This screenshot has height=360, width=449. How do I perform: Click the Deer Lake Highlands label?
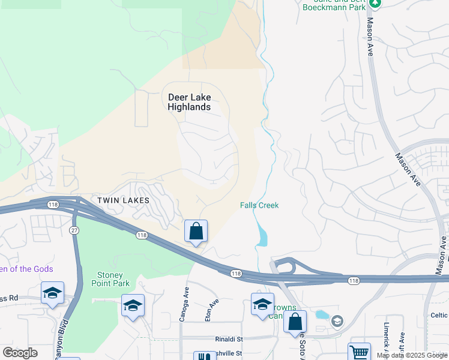coord(189,102)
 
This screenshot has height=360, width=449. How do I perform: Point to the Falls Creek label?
coord(259,205)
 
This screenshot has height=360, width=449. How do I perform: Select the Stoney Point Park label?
coord(110,279)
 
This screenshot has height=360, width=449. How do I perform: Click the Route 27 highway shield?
coord(74,230)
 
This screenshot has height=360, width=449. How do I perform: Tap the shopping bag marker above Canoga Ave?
coord(196,232)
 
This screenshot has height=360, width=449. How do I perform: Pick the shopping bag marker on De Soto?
coord(295,322)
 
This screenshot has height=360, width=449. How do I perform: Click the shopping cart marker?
coord(359,352)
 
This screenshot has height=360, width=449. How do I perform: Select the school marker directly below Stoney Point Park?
coord(133,305)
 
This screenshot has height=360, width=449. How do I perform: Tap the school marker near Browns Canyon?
coord(262,304)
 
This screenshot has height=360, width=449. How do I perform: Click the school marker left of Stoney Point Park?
coord(52,293)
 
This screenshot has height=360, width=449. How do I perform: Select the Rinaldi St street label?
coord(228,339)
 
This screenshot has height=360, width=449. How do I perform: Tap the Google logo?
coord(20,353)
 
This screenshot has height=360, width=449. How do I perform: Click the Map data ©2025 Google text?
coord(412,355)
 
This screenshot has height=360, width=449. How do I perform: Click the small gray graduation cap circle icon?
coord(337,322)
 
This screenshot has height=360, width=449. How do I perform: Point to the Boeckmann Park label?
coord(334,7)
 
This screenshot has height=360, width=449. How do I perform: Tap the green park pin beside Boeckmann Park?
coord(375,3)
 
